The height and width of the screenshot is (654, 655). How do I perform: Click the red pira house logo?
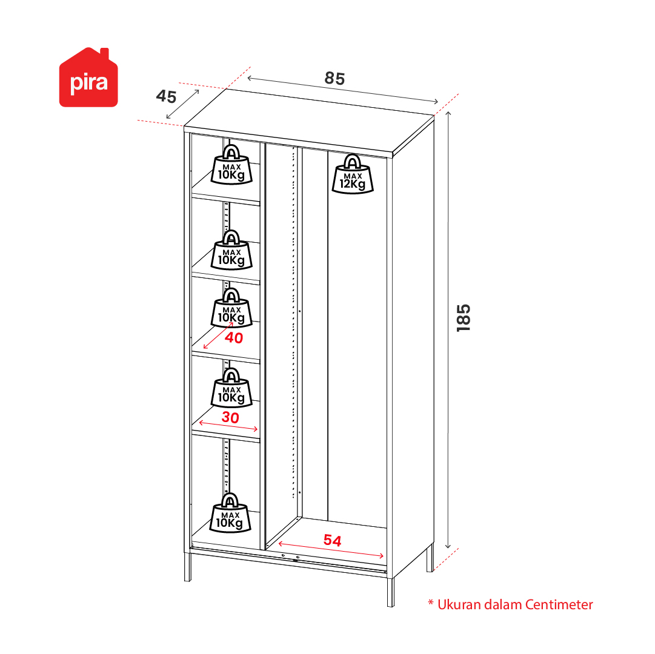point(88,78)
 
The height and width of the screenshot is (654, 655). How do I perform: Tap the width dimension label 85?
point(334,79)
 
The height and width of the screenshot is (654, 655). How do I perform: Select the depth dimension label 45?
point(166,96)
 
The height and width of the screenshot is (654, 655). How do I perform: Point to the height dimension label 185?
point(464,318)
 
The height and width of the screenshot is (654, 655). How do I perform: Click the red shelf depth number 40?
point(234,338)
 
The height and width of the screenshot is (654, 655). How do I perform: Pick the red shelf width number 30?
point(230,417)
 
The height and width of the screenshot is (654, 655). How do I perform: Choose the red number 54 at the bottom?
point(333,541)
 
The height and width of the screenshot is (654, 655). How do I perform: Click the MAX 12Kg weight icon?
point(353,174)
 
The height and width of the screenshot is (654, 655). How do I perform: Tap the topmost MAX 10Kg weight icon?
point(231,165)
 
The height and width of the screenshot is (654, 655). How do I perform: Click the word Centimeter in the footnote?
point(559,604)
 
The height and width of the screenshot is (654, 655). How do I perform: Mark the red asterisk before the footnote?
point(431,603)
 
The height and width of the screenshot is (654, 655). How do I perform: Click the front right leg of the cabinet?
point(391,592)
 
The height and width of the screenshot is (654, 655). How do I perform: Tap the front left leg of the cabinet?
point(188,567)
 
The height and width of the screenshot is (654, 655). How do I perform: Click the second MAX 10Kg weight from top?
point(231,250)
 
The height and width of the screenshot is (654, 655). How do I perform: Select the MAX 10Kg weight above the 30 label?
point(231,388)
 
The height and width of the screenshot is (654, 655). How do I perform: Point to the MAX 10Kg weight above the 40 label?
point(231,308)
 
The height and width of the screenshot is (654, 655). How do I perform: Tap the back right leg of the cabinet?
point(430,557)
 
